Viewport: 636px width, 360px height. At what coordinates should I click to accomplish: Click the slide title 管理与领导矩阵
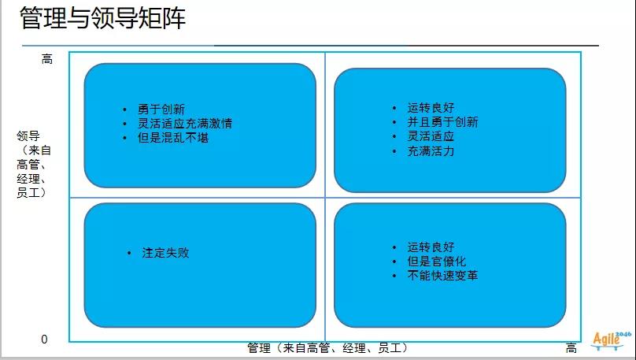[x=102, y=18]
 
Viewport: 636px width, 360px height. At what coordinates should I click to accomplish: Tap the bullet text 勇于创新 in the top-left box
[x=161, y=109]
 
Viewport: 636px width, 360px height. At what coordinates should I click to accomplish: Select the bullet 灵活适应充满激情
[x=185, y=124]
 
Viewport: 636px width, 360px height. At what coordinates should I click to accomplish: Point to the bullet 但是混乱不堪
[x=173, y=138]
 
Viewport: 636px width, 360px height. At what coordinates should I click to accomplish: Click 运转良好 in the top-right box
[x=431, y=108]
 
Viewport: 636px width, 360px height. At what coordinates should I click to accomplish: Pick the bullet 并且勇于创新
[x=442, y=122]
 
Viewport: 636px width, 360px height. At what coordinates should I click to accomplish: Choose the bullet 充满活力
[x=431, y=151]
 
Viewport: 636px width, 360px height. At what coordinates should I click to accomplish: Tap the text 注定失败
[x=165, y=252]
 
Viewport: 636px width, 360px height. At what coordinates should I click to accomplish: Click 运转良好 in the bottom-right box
[x=431, y=247]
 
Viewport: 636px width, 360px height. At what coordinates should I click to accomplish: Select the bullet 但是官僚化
[x=436, y=261]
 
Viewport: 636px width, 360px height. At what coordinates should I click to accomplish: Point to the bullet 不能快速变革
[x=442, y=275]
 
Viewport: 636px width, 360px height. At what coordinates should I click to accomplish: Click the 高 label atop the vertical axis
[x=47, y=59]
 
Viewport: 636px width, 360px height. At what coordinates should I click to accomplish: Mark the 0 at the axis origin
[x=44, y=340]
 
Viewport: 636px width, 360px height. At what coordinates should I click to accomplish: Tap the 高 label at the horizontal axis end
[x=571, y=348]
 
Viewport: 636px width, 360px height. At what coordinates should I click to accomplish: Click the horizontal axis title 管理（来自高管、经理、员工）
[x=327, y=348]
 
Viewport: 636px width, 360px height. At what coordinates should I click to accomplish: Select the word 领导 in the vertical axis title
[x=28, y=135]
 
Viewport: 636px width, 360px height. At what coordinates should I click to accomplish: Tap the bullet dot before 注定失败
[x=129, y=253]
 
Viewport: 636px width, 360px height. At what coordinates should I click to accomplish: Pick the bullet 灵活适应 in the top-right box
[x=431, y=136]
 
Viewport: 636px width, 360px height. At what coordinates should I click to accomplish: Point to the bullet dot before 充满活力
[x=394, y=151]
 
